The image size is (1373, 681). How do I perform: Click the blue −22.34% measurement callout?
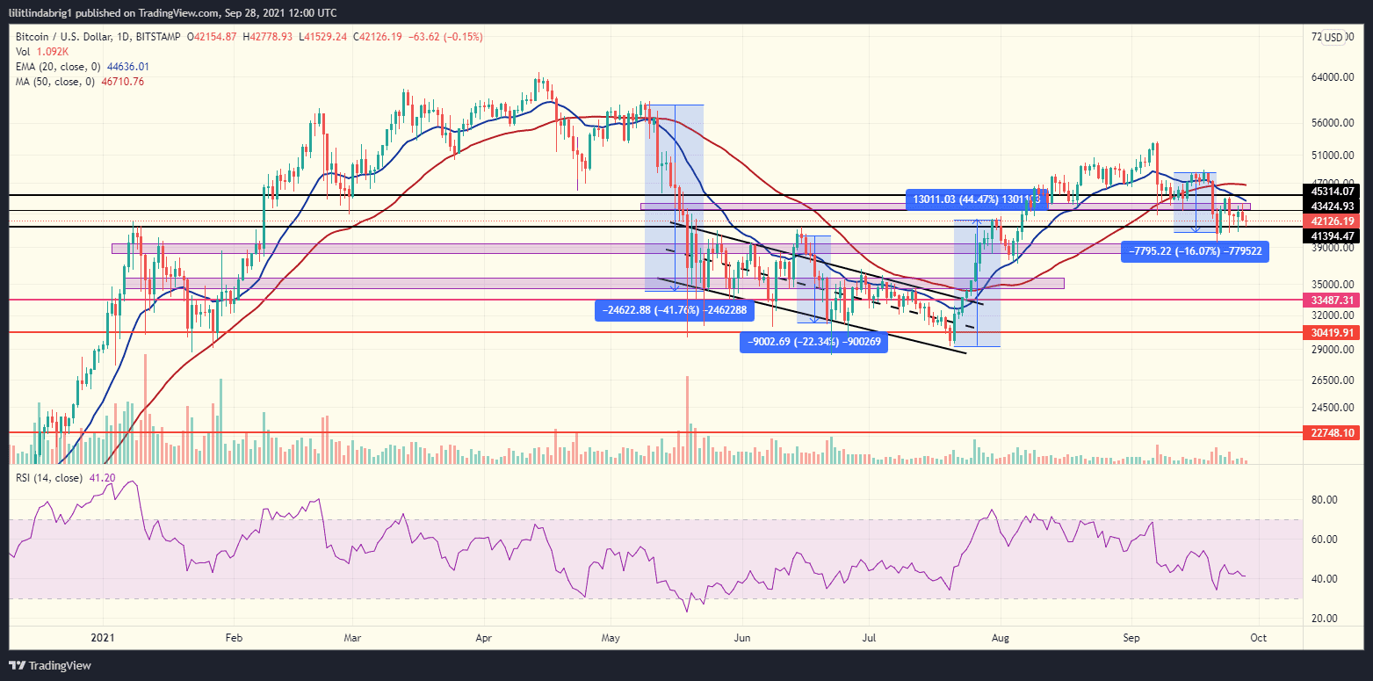(x=813, y=343)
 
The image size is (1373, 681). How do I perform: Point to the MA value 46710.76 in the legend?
(x=119, y=81)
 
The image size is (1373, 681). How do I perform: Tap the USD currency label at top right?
(x=1333, y=37)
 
